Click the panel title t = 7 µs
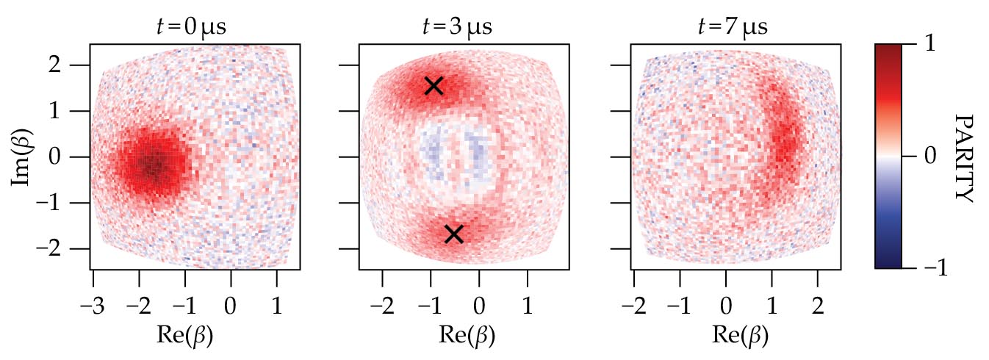pos(732,28)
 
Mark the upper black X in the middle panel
pos(434,85)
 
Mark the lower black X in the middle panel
pos(453,234)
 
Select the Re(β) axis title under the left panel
pos(185,335)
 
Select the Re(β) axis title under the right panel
pos(740,335)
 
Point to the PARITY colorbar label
pos(963,156)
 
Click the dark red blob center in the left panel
pos(153,165)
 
